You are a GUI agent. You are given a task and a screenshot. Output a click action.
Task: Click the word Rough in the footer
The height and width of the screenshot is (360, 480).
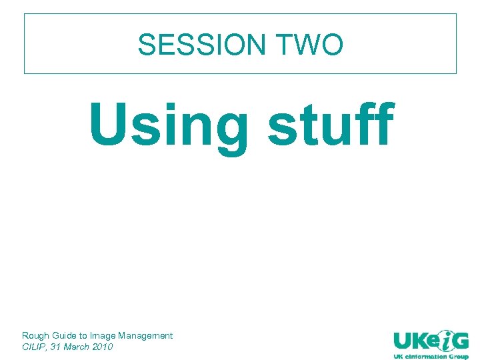[x=35, y=335]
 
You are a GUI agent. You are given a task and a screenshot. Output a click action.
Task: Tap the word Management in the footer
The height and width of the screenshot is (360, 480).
[x=145, y=335]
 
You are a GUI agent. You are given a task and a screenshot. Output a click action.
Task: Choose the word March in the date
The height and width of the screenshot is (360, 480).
[x=76, y=347]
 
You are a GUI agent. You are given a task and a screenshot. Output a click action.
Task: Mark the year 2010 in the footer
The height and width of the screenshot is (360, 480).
[x=103, y=347]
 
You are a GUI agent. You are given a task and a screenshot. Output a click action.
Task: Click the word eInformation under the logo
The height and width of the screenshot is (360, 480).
[x=425, y=357]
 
